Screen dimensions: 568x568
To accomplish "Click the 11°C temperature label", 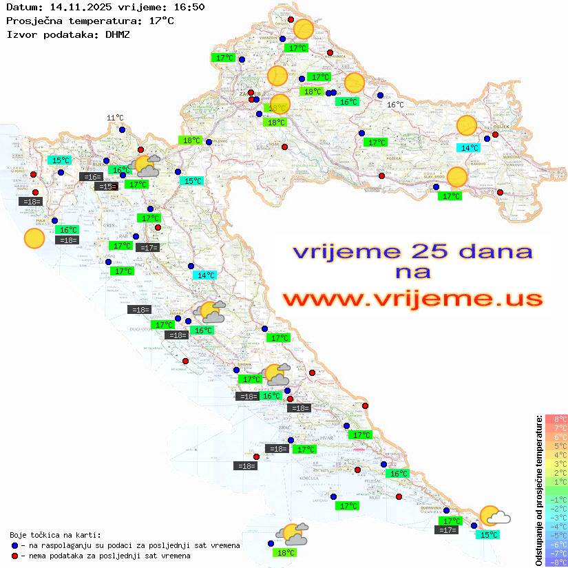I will point(115,118).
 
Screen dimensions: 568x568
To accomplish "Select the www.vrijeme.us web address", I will point(412,299).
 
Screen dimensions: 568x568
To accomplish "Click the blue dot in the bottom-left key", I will point(15,545).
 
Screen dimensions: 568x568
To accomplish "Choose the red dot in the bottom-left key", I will point(15,556).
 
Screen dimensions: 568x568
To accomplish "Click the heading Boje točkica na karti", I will point(55,535).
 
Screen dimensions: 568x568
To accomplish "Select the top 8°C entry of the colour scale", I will point(556,419).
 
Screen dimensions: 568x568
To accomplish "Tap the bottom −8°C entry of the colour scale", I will point(556,562).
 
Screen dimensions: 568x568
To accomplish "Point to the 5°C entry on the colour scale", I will point(556,445).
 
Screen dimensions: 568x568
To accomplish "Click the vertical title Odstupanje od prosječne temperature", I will point(538,490).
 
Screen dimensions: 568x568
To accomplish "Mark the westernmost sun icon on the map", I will point(34,239).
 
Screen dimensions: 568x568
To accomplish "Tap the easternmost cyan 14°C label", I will point(470,148).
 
